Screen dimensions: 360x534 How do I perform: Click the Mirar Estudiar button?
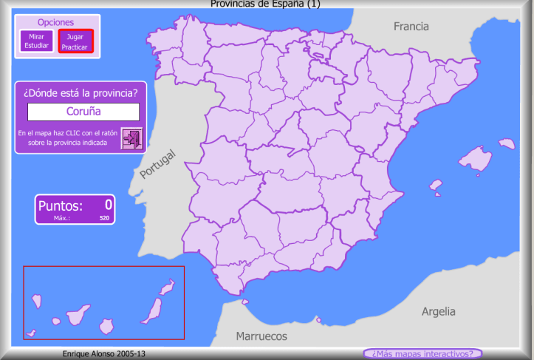point(35,41)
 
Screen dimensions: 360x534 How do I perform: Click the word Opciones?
point(55,22)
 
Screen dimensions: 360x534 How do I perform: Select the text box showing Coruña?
point(83,112)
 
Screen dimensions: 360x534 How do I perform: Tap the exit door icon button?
point(132,138)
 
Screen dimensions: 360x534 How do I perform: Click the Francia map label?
point(411,27)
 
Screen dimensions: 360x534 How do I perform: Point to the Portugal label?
point(158,164)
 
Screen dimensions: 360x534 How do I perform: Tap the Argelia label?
point(438,311)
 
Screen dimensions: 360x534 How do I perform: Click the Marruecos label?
point(261,336)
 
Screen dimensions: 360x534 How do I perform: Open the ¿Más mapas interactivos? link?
point(422,353)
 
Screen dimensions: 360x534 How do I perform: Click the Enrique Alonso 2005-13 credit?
point(104,354)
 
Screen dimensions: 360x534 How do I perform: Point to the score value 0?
point(108,205)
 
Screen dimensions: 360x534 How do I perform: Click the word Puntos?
point(61,206)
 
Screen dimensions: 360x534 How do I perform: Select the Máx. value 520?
point(104,218)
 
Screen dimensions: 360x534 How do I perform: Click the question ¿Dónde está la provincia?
point(81,92)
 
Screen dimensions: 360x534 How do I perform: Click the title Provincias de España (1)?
point(266,4)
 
